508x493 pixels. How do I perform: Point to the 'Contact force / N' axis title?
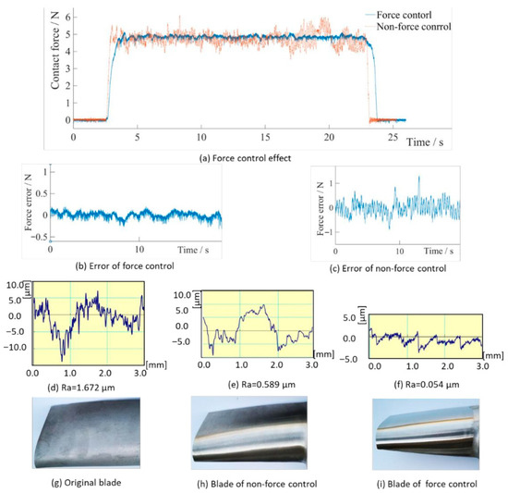(x=55, y=49)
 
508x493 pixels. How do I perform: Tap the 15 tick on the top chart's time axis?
(x=265, y=137)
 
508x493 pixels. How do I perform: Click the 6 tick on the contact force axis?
(x=67, y=17)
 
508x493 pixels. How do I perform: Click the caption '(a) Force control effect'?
(x=246, y=158)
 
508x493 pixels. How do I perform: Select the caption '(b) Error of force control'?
(x=125, y=266)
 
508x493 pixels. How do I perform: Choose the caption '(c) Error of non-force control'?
(x=388, y=268)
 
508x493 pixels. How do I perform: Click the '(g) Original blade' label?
(x=86, y=483)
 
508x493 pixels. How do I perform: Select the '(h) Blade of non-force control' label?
(x=257, y=485)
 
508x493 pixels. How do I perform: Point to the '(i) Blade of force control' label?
(x=427, y=485)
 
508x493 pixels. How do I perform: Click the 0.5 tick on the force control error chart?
(x=41, y=193)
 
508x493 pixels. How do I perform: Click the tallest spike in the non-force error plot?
(x=419, y=177)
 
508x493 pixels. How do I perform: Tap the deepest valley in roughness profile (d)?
(x=62, y=361)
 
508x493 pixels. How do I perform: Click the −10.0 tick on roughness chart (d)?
(x=15, y=348)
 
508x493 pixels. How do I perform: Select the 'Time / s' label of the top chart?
(x=425, y=142)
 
